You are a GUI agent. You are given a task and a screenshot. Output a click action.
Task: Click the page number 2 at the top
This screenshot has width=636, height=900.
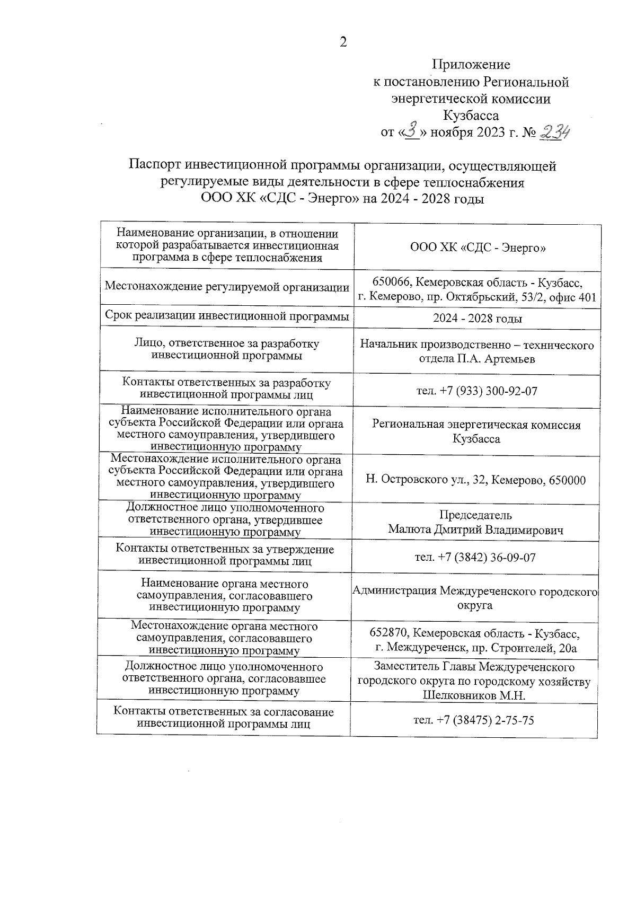pos(343,42)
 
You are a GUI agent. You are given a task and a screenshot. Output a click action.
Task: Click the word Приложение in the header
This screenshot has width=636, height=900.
pos(471,65)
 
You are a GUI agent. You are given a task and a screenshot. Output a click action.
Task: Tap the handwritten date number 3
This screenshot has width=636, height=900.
pos(412,130)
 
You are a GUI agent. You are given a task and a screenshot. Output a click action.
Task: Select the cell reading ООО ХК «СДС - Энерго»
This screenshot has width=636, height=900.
pos(478,248)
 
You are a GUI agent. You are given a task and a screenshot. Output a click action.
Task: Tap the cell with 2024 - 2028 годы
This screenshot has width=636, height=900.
pos(477,319)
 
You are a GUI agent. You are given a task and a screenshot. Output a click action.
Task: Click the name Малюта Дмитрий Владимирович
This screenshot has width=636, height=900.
pos(475,530)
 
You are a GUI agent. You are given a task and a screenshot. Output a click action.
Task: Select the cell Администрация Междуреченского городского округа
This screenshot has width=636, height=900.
pos(475,597)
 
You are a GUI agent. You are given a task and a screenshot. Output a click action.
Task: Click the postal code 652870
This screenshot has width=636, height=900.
pos(390,633)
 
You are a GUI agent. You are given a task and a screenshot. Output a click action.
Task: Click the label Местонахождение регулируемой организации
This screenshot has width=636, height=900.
pos(227,287)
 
